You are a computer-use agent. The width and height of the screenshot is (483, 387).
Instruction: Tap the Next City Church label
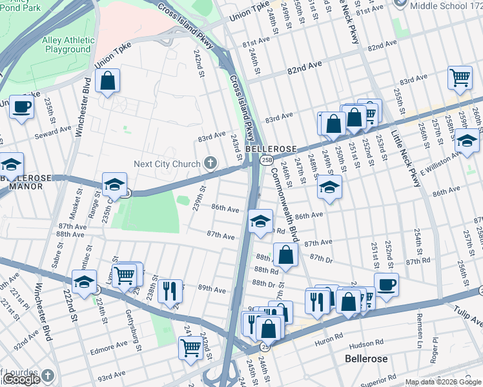(x=167, y=164)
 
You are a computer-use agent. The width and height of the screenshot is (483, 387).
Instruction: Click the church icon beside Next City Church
(x=209, y=164)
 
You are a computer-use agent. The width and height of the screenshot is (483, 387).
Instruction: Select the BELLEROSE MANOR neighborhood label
(x=21, y=181)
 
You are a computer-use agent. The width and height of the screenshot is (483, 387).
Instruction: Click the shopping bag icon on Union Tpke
(x=108, y=82)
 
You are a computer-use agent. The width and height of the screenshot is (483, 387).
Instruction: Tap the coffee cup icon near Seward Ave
(x=21, y=107)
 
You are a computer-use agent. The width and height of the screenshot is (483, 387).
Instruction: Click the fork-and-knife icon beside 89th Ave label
(x=170, y=292)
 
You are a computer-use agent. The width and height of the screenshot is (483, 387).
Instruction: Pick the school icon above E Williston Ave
(x=466, y=140)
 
